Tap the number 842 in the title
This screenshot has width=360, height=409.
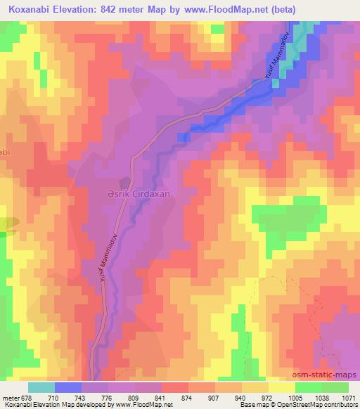(120, 10)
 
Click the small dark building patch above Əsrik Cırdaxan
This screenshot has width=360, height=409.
(127, 179)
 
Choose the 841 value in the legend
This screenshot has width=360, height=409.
(162, 396)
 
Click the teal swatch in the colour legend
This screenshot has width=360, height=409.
(41, 387)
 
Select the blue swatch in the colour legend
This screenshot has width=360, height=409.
(68, 387)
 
